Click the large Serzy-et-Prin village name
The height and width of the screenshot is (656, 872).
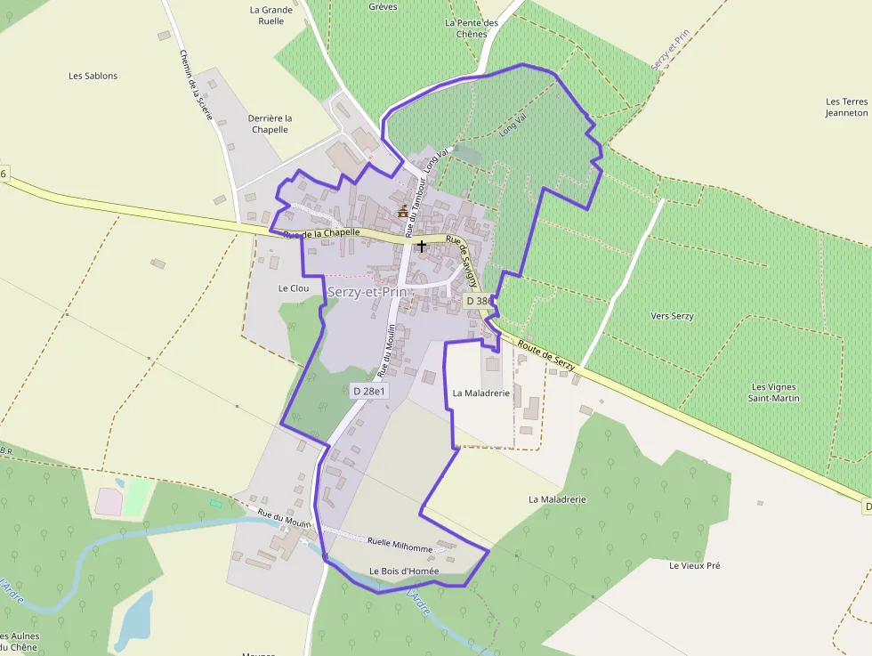pos(367,292)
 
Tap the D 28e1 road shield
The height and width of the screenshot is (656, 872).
pos(368,391)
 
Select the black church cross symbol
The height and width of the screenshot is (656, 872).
pos(422,246)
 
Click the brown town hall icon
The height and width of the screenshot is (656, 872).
pos(403,211)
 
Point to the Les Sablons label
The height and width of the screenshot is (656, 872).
pos(93,76)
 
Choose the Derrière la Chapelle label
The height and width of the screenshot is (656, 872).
pos(270,124)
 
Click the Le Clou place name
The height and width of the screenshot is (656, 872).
pos(293,288)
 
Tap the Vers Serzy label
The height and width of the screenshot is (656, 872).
pos(672,316)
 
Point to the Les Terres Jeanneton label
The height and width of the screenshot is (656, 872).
pos(846,107)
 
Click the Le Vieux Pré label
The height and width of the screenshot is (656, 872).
pos(695,565)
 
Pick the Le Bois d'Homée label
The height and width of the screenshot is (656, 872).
pos(404,571)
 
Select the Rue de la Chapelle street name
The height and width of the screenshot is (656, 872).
pos(321,233)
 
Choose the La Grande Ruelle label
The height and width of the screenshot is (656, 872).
pos(271,15)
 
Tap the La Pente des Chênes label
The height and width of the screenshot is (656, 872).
pos(471,28)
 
